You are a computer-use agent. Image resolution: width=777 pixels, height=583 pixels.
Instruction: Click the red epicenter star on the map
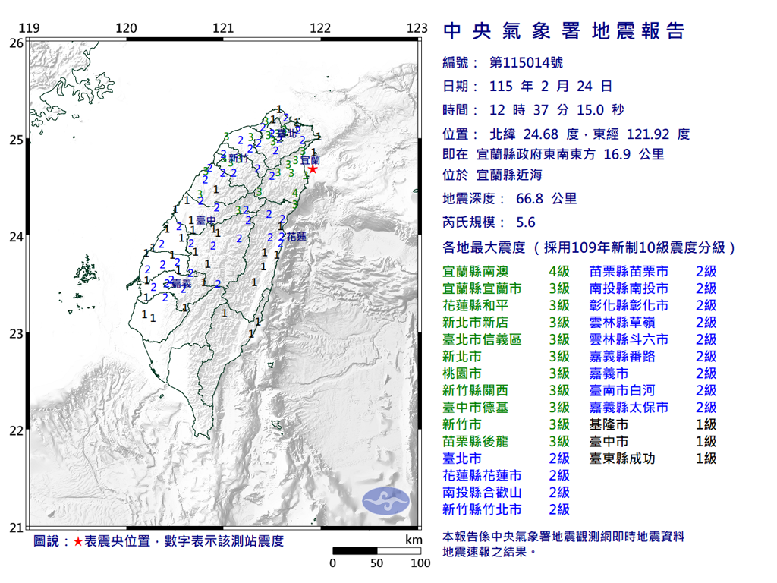(x=311, y=169)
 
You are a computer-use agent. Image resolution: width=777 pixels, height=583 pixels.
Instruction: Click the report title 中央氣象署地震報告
(x=563, y=30)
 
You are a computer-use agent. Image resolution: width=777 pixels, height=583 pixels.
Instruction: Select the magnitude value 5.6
(x=525, y=222)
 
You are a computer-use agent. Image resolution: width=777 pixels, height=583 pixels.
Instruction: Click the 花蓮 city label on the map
(x=297, y=237)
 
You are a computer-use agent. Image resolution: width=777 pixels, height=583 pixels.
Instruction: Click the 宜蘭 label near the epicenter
(x=310, y=160)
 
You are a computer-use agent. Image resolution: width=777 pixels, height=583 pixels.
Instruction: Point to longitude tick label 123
(x=417, y=29)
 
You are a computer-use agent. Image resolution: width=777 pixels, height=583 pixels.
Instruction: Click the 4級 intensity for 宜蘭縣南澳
(x=559, y=271)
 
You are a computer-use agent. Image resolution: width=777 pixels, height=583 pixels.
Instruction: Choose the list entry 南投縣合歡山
(x=482, y=493)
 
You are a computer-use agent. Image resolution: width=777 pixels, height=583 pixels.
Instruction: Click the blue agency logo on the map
(x=385, y=499)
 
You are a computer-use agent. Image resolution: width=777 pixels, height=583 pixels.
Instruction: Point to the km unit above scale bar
(x=414, y=540)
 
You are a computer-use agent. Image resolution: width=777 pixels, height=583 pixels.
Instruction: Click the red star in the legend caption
(x=77, y=541)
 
